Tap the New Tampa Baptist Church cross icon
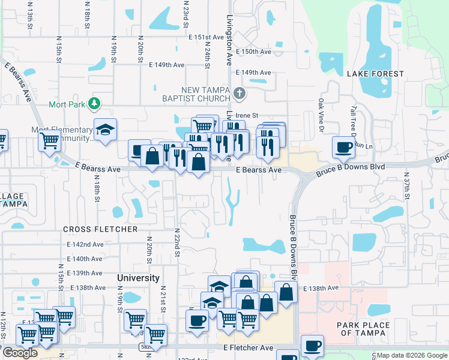240,93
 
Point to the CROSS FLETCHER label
100,229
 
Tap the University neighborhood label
139,278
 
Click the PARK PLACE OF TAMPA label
363,329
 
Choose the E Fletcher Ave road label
248,348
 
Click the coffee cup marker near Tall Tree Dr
344,147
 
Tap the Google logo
20,353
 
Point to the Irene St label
247,115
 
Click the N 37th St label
406,188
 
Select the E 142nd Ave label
85,244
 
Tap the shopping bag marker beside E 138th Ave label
286,292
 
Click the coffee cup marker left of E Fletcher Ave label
197,320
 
